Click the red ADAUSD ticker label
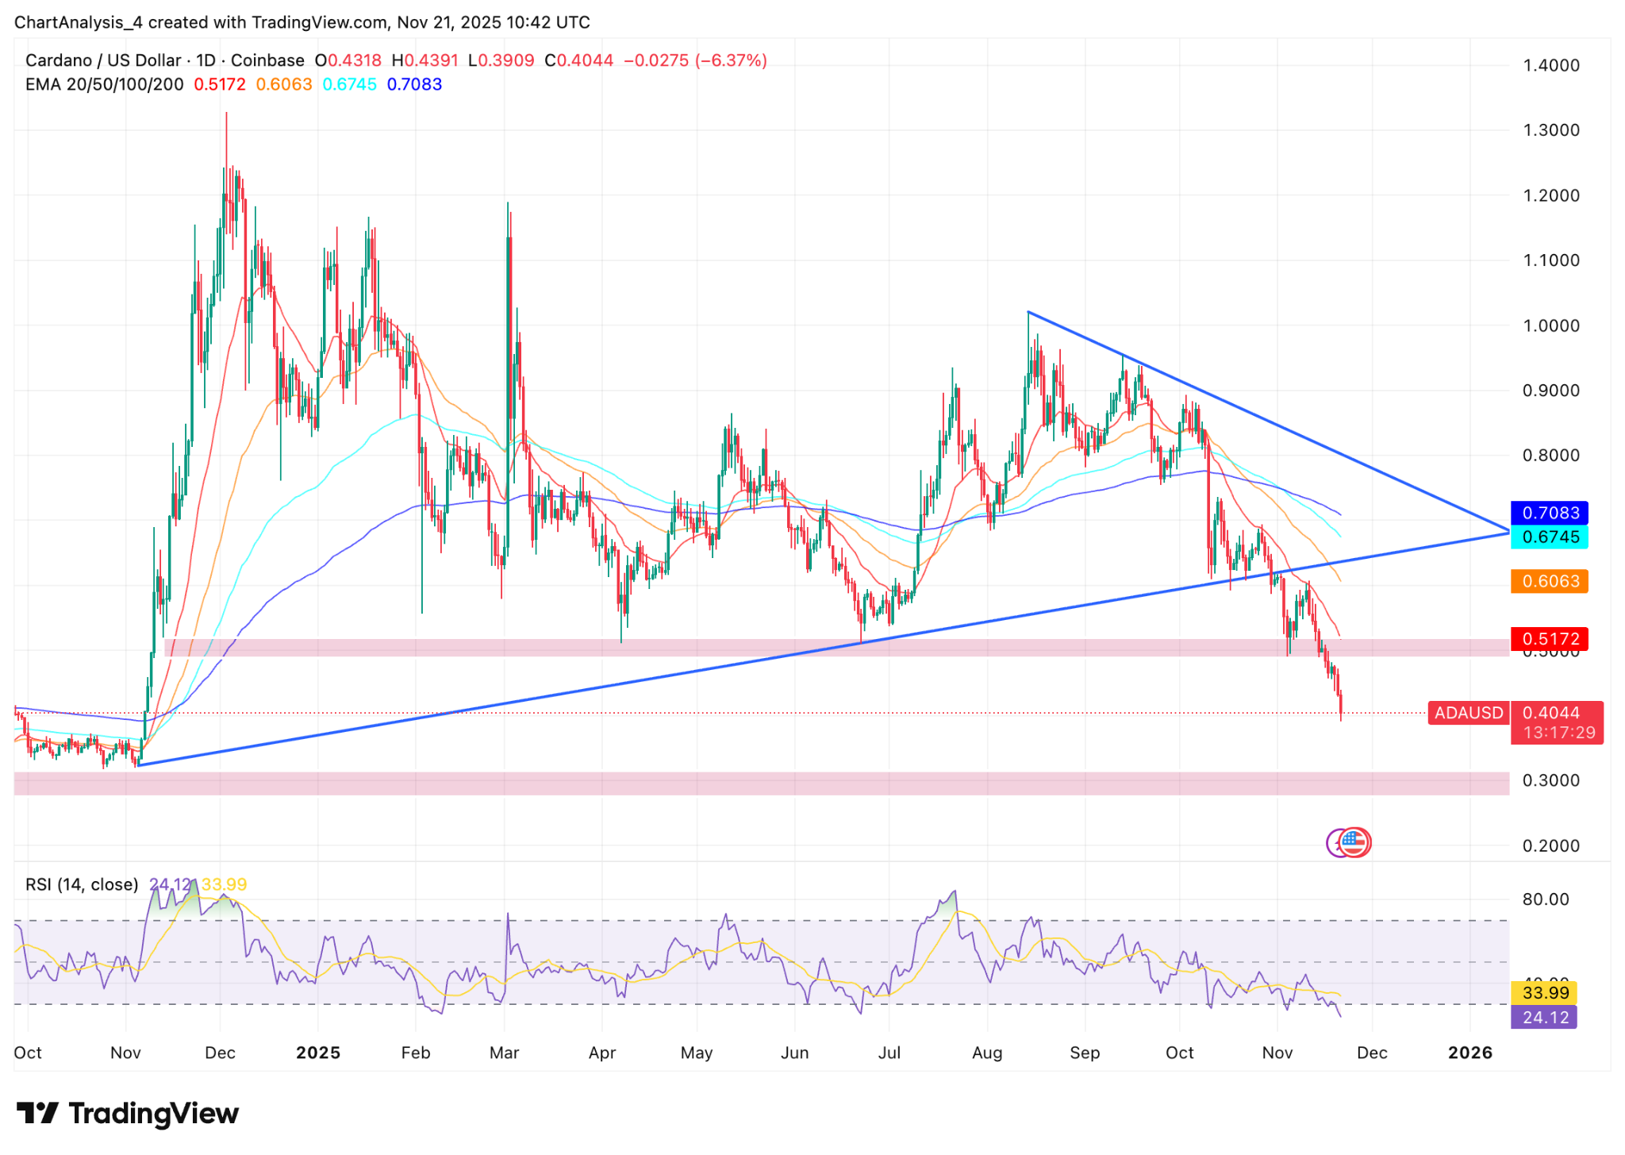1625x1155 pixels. click(1468, 713)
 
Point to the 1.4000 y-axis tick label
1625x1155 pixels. click(1551, 65)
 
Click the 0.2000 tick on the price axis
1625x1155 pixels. click(1551, 846)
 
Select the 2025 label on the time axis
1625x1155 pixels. click(317, 1053)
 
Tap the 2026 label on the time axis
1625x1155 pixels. click(1469, 1053)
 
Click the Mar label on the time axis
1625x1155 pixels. click(504, 1053)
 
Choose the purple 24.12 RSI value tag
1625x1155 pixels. click(1545, 1018)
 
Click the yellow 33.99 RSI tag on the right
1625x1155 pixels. click(1545, 993)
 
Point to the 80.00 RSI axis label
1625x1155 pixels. click(1546, 899)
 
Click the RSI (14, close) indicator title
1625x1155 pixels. click(82, 884)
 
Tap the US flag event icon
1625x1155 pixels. click(1354, 842)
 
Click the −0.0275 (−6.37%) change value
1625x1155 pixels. click(695, 60)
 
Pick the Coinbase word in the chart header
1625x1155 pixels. click(267, 60)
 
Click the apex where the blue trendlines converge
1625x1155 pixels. click(1508, 531)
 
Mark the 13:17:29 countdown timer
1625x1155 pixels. click(1558, 733)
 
